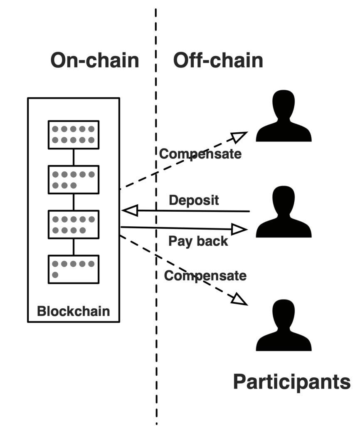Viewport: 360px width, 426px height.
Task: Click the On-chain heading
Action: pyautogui.click(x=94, y=60)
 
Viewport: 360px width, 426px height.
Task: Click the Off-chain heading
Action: pyautogui.click(x=218, y=60)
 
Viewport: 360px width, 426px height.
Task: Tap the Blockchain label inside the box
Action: pyautogui.click(x=74, y=311)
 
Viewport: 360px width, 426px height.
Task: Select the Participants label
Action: pyautogui.click(x=291, y=381)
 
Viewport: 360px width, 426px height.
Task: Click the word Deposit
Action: pyautogui.click(x=194, y=200)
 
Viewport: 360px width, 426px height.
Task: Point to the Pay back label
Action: pyautogui.click(x=198, y=241)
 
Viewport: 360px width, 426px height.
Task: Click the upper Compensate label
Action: pyautogui.click(x=200, y=154)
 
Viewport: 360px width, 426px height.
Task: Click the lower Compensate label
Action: pyautogui.click(x=205, y=275)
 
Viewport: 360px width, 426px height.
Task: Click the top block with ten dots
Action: pyautogui.click(x=74, y=134)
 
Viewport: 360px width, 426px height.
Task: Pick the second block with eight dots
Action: pyautogui.click(x=74, y=179)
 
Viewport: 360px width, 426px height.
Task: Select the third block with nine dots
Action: pyautogui.click(x=74, y=224)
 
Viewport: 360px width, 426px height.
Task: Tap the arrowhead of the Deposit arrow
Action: pyautogui.click(x=130, y=211)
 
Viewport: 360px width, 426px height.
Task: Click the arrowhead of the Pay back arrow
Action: pyautogui.click(x=239, y=229)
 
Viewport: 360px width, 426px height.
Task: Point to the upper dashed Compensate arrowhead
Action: pyautogui.click(x=239, y=136)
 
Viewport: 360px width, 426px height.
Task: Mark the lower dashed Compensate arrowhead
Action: pyautogui.click(x=239, y=300)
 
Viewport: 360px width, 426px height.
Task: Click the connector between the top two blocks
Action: pyautogui.click(x=74, y=157)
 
